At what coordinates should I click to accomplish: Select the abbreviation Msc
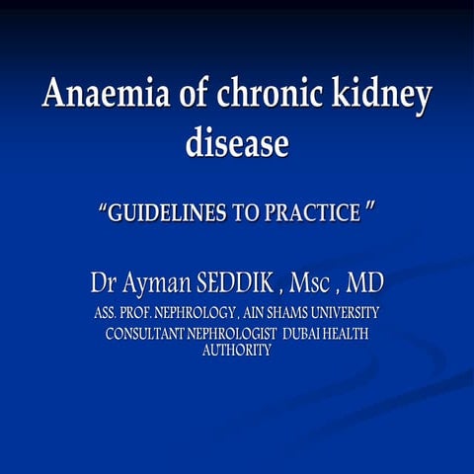314,283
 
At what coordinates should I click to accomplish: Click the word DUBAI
305,334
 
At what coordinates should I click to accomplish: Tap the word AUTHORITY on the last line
237,351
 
